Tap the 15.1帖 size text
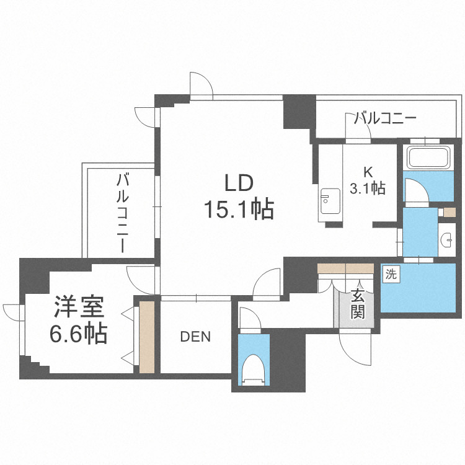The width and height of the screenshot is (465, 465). point(239,211)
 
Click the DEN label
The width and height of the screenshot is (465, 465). point(195,337)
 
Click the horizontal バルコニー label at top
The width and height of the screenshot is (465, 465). point(384,118)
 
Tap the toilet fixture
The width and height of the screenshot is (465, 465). point(254,370)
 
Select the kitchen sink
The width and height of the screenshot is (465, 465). point(326,200)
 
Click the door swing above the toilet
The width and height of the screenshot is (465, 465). point(249,317)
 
